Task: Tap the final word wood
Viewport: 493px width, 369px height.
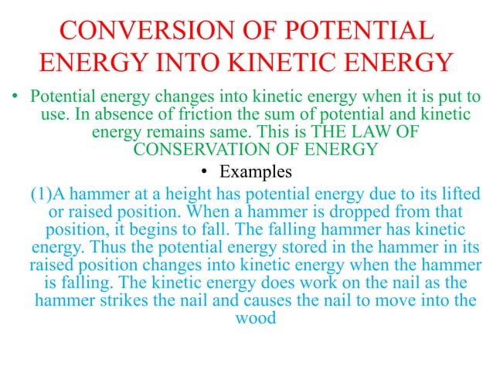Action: tap(253, 317)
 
